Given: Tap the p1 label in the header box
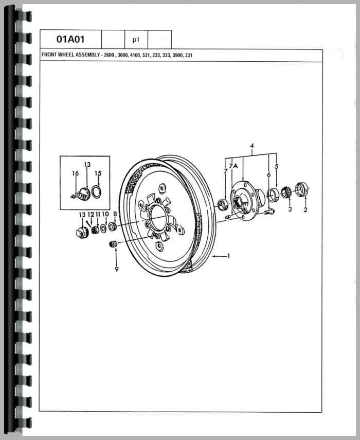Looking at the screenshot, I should pyautogui.click(x=136, y=40).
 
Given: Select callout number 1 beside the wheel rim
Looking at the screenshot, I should pyautogui.click(x=228, y=256).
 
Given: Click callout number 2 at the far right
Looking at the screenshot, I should pyautogui.click(x=305, y=210).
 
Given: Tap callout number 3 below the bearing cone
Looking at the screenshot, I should pyautogui.click(x=290, y=210).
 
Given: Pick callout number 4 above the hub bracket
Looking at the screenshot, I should pyautogui.click(x=252, y=146).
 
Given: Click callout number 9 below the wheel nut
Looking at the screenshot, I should pyautogui.click(x=116, y=269).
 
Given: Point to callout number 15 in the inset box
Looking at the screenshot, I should pyautogui.click(x=98, y=173).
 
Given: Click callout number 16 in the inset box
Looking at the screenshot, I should pyautogui.click(x=75, y=174).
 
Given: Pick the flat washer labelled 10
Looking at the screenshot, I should pyautogui.click(x=104, y=227).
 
